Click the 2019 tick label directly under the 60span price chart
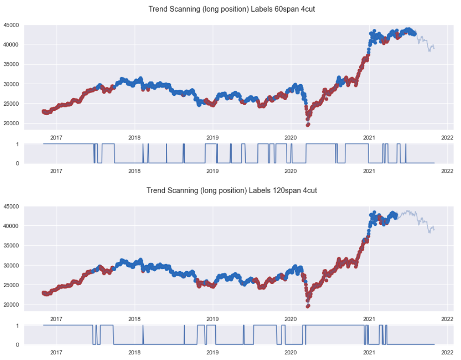(x=213, y=136)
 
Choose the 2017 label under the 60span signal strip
(x=56, y=171)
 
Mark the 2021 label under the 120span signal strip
(x=369, y=353)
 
